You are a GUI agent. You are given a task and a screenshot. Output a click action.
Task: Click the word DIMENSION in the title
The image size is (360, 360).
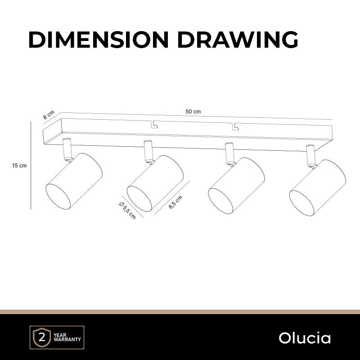(x=99, y=39)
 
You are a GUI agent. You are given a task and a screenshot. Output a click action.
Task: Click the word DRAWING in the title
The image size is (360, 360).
(x=238, y=39)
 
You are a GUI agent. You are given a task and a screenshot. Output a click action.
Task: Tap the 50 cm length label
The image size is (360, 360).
(x=193, y=112)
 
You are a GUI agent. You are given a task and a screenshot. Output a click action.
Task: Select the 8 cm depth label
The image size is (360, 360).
(x=49, y=115)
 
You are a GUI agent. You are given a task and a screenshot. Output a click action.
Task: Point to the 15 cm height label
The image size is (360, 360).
(x=19, y=166)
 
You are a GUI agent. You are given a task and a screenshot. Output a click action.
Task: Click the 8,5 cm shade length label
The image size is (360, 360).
(x=175, y=202)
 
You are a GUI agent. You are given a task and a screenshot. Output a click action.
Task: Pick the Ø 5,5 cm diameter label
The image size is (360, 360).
(x=127, y=210)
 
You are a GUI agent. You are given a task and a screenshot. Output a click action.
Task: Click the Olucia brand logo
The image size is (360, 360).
(x=305, y=338)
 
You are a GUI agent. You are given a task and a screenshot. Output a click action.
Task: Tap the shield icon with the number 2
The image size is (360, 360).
(x=42, y=338)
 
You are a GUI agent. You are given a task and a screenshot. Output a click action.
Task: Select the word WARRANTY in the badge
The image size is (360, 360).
(x=67, y=339)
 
